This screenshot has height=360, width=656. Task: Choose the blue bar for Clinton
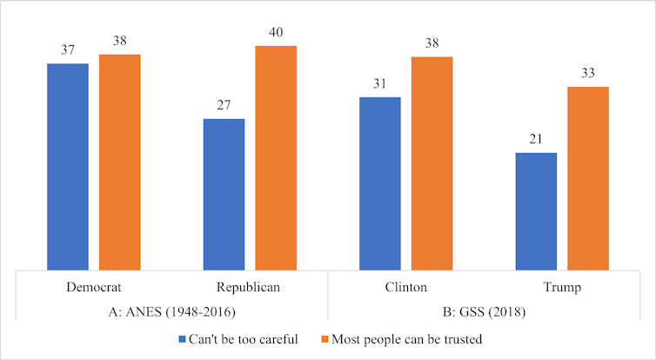(379, 183)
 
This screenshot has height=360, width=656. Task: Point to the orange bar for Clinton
(432, 163)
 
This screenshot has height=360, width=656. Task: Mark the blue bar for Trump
(536, 211)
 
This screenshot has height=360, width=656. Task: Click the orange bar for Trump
(588, 178)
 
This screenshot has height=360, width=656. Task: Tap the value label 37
(67, 50)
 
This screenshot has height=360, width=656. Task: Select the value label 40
(276, 31)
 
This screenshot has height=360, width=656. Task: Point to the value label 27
(224, 105)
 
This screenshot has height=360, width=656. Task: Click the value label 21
(536, 139)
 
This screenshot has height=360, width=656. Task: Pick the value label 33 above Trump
(588, 73)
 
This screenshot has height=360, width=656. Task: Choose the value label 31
(379, 83)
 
